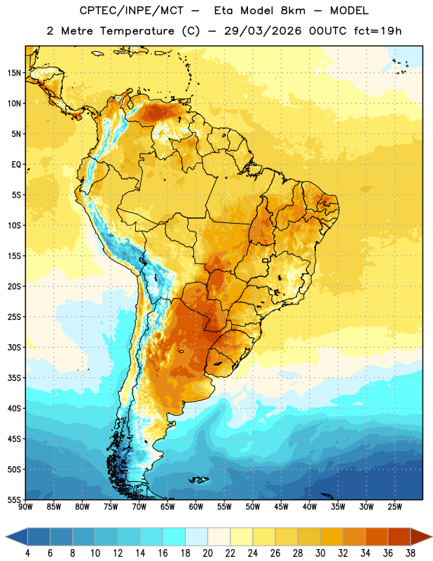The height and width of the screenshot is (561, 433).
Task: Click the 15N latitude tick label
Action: pos(14,73)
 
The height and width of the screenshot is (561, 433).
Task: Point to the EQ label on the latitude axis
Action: pos(16,165)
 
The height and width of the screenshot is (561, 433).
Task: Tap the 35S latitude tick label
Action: pos(14,378)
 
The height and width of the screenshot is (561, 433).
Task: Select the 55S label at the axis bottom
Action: pos(14,499)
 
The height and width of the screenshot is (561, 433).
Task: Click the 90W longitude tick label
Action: pos(25,507)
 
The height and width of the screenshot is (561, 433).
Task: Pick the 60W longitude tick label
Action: pos(196,507)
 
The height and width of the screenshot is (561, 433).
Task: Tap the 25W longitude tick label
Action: pos(394,507)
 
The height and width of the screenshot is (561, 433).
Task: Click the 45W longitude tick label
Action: pos(281,507)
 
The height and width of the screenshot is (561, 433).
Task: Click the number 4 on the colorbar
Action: pos(27,553)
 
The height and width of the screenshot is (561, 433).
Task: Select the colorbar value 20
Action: pos(207,553)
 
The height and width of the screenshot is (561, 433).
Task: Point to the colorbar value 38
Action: pos(411,553)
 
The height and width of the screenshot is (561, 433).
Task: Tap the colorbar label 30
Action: pos(320,553)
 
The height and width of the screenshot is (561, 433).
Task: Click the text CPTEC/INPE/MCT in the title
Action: pos(132,11)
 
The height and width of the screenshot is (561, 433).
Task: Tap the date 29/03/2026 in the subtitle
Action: pos(263,31)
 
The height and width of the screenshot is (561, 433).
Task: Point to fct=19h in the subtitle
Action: pos(378,31)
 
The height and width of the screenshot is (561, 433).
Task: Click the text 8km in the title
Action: pos(293,11)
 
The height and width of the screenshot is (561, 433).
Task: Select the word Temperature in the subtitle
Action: pos(137,31)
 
